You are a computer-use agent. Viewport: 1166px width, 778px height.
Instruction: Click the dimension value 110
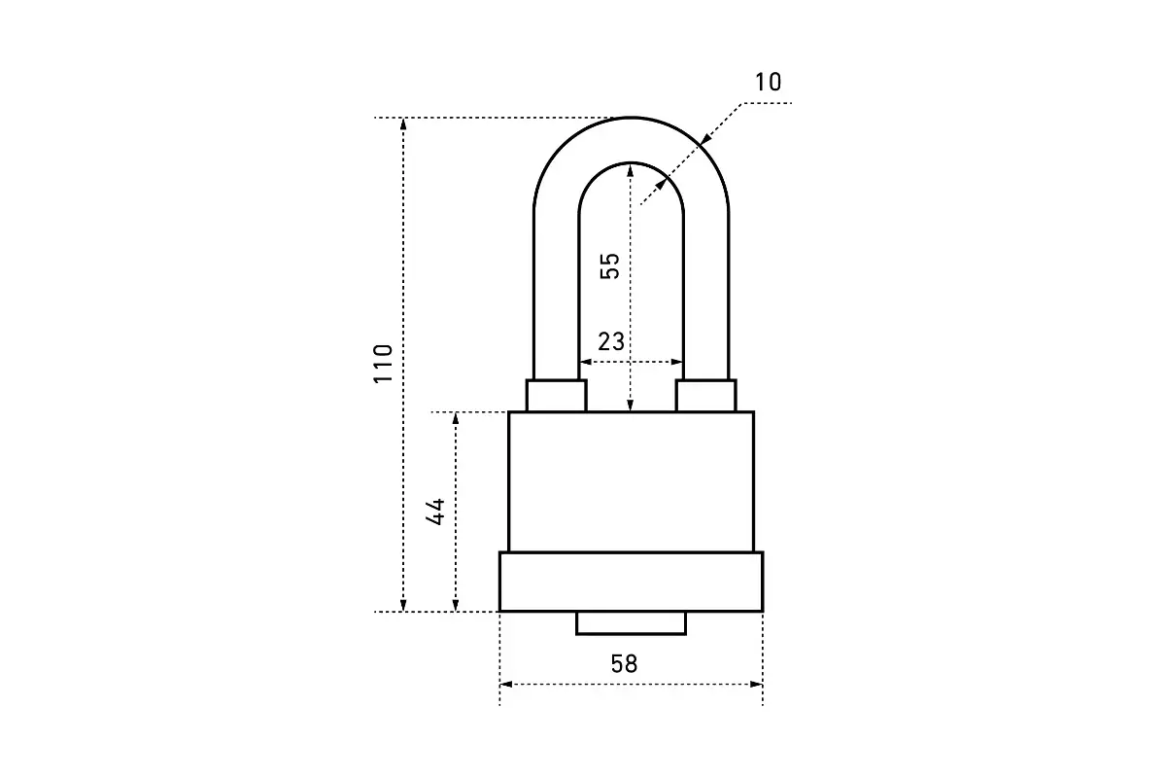click(385, 363)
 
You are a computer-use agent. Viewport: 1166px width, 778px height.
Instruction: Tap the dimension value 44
click(437, 512)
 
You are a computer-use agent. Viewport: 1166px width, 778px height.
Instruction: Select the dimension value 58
click(624, 664)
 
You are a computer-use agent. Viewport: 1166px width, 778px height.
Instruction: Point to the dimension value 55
click(609, 265)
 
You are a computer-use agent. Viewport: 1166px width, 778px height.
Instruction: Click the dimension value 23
click(611, 341)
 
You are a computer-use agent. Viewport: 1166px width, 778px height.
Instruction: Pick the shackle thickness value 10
click(768, 83)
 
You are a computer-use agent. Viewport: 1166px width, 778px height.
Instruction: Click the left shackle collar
click(557, 396)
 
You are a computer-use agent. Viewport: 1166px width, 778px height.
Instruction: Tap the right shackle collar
click(706, 396)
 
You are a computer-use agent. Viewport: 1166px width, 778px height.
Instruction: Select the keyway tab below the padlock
click(631, 623)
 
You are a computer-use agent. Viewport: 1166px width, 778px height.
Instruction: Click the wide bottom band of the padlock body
click(631, 582)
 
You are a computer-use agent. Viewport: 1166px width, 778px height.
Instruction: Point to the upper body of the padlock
click(631, 481)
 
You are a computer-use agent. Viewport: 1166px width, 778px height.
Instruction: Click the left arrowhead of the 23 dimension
click(585, 362)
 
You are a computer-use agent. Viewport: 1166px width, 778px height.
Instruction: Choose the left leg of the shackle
click(556, 292)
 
